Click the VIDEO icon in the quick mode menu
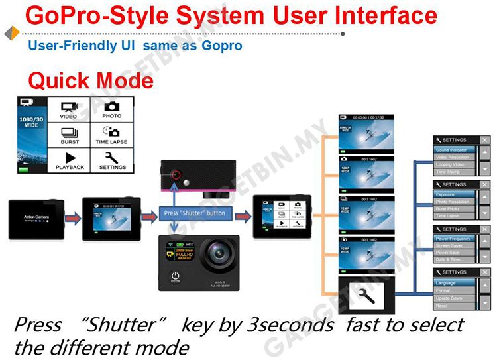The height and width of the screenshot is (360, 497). click(x=69, y=108)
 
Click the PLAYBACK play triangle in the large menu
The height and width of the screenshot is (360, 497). click(x=69, y=158)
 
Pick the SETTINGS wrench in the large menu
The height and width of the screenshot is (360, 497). click(x=111, y=158)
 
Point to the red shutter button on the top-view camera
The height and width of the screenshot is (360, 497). click(x=176, y=176)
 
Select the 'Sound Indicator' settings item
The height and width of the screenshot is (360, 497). click(x=453, y=150)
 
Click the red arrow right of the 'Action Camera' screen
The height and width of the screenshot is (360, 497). click(x=73, y=217)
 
